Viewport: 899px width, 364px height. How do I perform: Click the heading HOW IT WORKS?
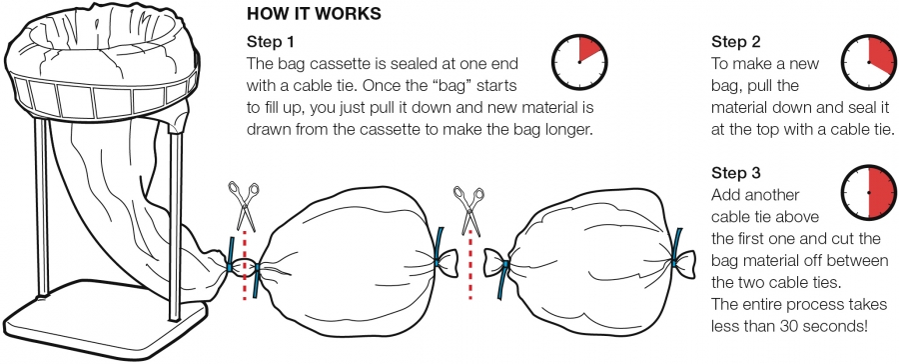314,14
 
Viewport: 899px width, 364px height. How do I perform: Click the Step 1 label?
272,42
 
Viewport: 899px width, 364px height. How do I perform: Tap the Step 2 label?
736,42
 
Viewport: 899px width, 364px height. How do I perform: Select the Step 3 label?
736,173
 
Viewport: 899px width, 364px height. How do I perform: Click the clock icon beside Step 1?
579,62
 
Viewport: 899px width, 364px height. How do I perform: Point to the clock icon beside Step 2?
869,62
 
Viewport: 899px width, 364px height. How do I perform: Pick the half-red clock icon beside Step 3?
869,193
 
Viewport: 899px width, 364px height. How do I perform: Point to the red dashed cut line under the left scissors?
245,265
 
